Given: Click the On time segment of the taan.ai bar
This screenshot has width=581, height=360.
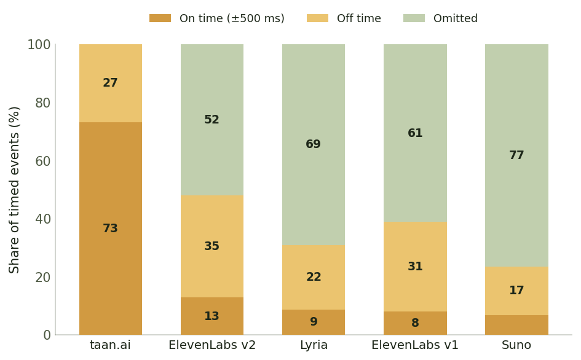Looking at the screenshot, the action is tap(111, 229).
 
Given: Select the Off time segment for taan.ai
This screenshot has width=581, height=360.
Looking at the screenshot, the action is tap(111, 84).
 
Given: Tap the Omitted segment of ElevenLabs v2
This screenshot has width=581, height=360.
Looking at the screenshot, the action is tap(212, 120).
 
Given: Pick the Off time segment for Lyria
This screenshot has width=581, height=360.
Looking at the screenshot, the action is tap(314, 278).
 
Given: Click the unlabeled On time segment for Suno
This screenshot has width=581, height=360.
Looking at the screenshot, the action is tap(516, 325).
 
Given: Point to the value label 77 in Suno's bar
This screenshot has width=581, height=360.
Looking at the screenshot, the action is tap(516, 155).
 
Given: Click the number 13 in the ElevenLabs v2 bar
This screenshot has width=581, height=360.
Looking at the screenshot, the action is tap(211, 316).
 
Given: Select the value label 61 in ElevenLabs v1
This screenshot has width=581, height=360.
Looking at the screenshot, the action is tap(415, 133).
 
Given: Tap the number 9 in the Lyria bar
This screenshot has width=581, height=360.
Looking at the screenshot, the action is tap(314, 321).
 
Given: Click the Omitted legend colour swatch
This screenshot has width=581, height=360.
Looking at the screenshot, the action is tap(414, 18).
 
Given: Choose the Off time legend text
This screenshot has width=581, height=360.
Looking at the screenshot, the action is tap(358, 18).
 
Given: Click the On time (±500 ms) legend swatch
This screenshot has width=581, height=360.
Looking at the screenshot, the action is tap(160, 18).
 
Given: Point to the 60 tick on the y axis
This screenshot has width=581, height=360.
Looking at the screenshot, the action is tap(42, 161).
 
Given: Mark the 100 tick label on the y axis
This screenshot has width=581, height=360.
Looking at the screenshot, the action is tap(39, 44).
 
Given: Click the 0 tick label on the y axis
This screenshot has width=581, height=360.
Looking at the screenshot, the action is tap(47, 335).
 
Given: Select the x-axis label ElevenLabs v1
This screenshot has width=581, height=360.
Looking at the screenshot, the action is tap(415, 345).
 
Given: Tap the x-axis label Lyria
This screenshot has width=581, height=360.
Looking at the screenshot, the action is tap(314, 345).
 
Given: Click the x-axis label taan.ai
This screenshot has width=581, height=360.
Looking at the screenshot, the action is tap(111, 345).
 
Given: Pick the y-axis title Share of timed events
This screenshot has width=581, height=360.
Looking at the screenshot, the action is tap(14, 190).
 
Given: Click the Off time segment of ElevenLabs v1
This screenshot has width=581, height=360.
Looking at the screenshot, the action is tap(415, 267).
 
